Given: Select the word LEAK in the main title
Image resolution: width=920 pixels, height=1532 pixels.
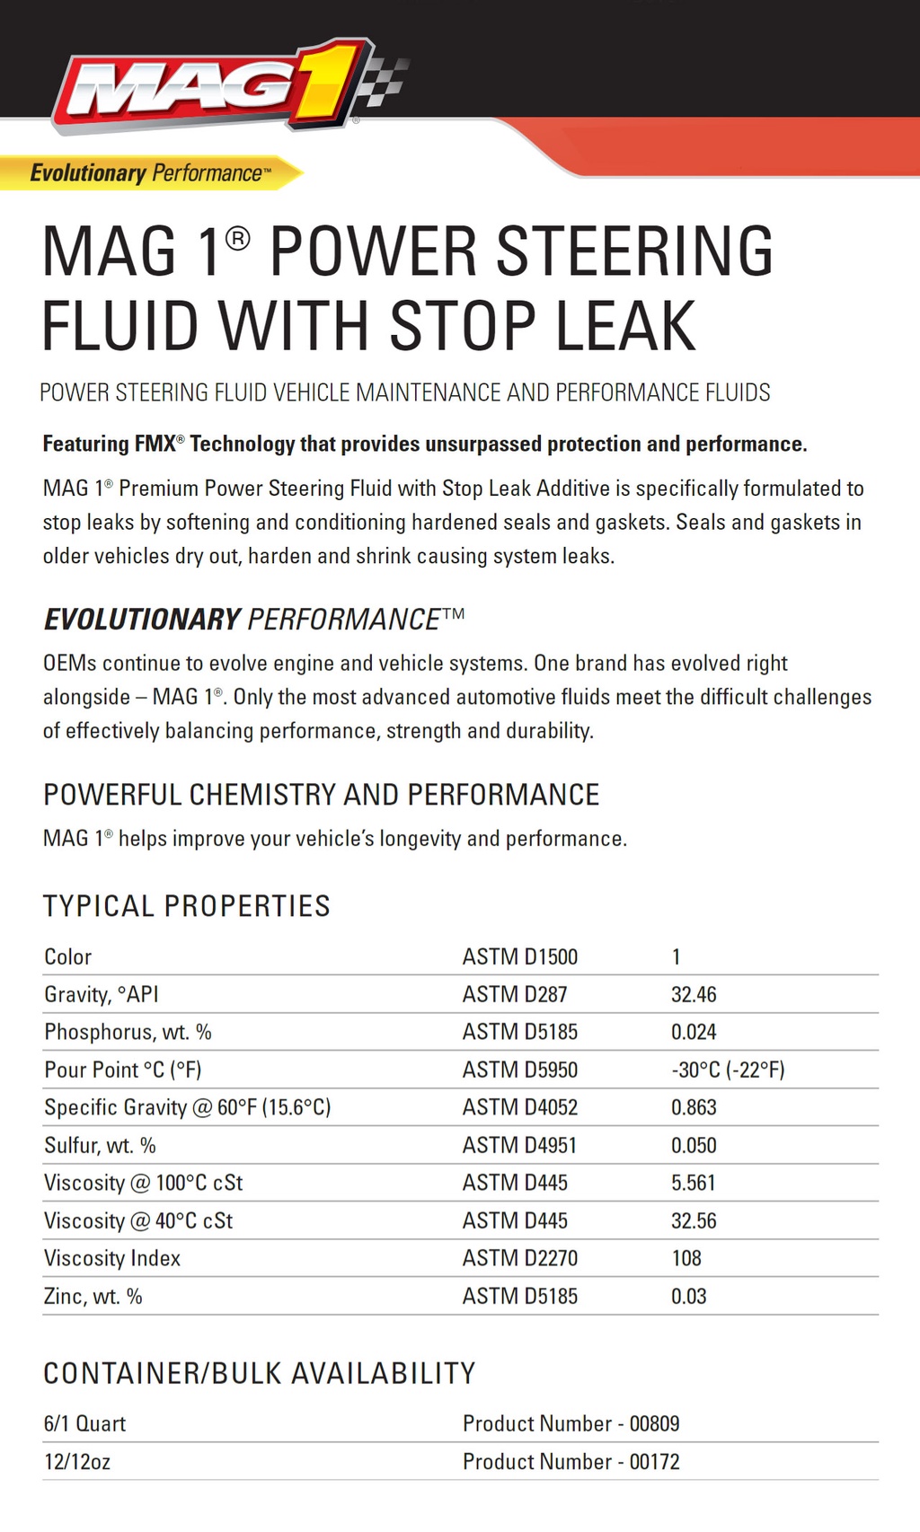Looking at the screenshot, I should [625, 326].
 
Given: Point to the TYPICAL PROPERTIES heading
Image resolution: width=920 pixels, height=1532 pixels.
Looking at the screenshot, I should [187, 906].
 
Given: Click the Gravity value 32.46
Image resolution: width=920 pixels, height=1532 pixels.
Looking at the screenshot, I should [694, 994].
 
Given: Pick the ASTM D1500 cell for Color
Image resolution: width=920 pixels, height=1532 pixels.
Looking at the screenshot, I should [519, 956].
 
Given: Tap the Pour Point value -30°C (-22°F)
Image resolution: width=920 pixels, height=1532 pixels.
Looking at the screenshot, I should [728, 1070].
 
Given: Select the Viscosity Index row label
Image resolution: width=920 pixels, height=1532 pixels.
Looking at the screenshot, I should [112, 1258].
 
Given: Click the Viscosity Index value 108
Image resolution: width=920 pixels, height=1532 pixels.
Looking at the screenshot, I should [686, 1258].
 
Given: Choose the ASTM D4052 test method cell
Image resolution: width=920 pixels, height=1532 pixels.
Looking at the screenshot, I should [519, 1107].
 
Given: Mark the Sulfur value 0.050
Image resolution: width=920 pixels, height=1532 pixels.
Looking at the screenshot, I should [694, 1145].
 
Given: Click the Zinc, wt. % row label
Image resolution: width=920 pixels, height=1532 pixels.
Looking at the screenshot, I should [93, 1296].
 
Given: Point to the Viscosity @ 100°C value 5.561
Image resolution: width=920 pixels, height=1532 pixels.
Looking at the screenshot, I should [693, 1183].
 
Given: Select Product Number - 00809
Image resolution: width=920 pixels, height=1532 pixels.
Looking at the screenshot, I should [571, 1423].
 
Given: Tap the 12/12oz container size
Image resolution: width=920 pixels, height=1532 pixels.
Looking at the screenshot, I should [77, 1461].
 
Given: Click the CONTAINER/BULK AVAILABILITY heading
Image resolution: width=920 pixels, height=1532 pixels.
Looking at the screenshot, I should [260, 1373].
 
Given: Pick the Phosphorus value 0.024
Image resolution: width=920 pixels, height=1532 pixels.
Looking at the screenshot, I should [694, 1032].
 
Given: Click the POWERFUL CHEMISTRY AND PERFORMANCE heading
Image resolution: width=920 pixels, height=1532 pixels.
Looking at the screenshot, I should [321, 795].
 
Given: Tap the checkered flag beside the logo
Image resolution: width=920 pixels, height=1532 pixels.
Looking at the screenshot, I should [385, 81].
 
